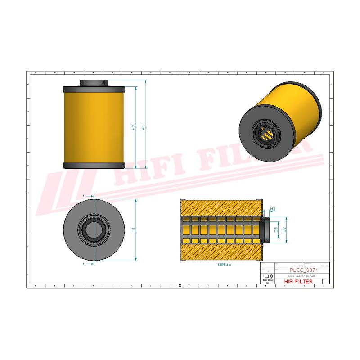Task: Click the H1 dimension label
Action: click(x=144, y=127)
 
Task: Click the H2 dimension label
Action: click(x=134, y=127)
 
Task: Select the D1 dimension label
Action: click(x=134, y=230)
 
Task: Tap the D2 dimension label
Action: click(x=284, y=230)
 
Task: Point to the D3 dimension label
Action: click(x=275, y=230)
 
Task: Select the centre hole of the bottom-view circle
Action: click(x=94, y=230)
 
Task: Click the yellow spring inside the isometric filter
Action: click(x=268, y=134)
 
